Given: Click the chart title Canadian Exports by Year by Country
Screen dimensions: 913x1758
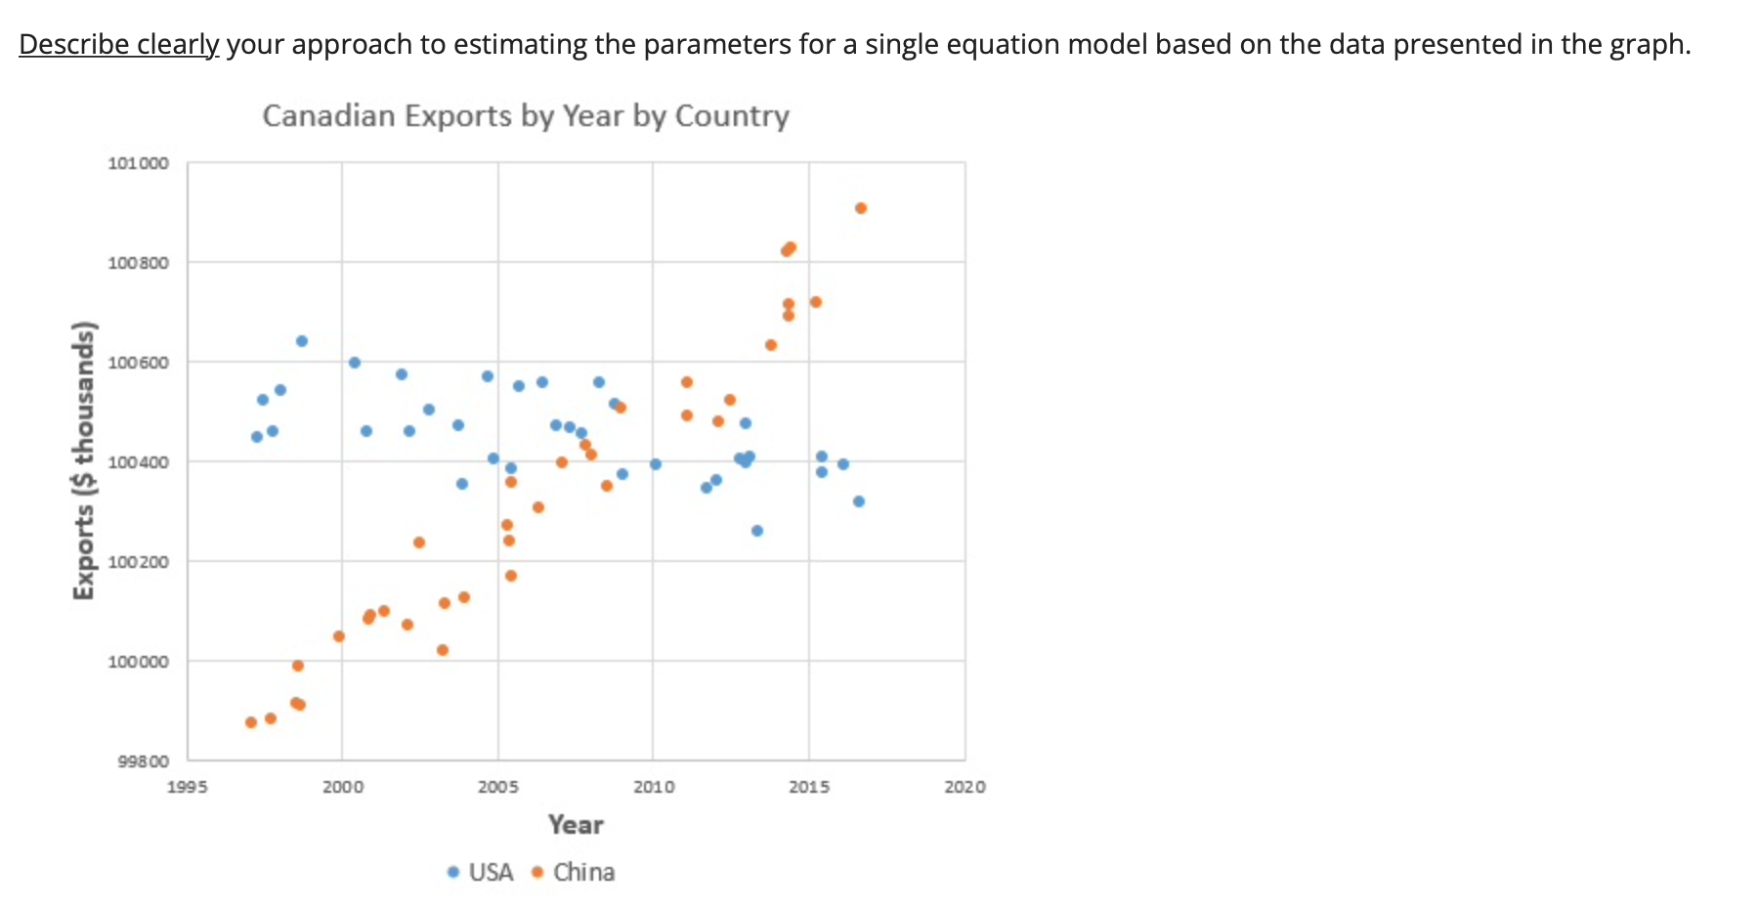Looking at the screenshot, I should click(x=526, y=116).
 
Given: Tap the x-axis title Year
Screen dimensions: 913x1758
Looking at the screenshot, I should click(x=576, y=825).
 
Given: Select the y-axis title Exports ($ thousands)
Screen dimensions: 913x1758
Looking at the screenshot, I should click(x=85, y=460).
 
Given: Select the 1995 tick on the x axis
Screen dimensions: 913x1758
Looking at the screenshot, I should click(x=188, y=787).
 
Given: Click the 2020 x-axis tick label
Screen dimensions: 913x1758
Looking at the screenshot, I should click(x=965, y=787).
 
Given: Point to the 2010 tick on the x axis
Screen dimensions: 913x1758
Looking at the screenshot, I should click(x=653, y=787).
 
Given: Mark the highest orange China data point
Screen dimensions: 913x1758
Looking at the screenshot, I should click(x=861, y=208).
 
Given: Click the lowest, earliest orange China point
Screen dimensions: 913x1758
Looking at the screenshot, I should click(x=251, y=722).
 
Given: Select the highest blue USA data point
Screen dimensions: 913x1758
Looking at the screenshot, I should click(x=302, y=341).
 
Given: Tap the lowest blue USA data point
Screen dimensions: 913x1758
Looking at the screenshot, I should click(x=757, y=531).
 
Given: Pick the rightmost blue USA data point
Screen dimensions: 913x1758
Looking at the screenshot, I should click(x=859, y=501).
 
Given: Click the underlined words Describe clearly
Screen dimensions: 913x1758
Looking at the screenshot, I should click(x=119, y=45).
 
